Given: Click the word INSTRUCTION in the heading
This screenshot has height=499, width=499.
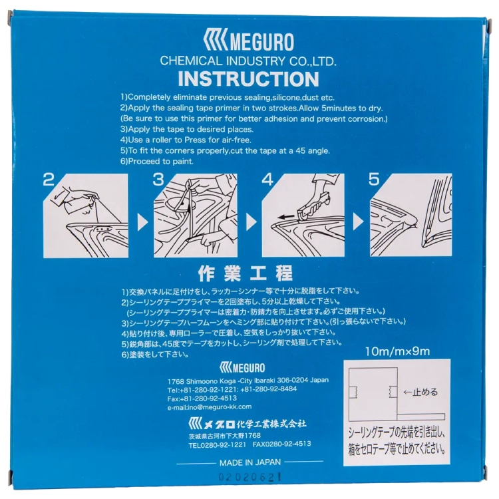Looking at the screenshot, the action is coord(248,79).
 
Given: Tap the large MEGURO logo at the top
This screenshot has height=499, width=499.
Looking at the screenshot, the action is coord(248,40).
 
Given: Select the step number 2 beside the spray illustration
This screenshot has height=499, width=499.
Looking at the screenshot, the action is coord(49,180).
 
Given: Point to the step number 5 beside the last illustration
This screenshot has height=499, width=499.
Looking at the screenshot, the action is coord(374,180).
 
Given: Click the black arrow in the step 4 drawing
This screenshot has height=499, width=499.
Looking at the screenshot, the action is coord(286,218).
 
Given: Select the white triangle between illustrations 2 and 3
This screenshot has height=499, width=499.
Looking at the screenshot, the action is coord(142,222).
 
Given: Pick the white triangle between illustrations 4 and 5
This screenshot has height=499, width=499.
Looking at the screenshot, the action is coord(358,222).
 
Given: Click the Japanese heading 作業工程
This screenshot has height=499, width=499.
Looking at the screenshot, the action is coord(245,274).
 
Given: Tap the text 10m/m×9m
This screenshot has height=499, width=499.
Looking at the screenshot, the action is coord(397,352).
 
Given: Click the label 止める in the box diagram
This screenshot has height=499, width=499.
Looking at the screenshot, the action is coord(425,392).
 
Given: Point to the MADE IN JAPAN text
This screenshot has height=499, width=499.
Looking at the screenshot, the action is coord(250,462).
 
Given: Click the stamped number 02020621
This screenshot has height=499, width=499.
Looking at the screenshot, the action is coord(249,477).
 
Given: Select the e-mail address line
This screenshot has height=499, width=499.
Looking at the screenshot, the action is coord(210,407).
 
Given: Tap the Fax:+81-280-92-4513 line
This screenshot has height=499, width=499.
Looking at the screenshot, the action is coord(202,399).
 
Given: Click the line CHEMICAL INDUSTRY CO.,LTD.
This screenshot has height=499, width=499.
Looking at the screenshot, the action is coord(248,61).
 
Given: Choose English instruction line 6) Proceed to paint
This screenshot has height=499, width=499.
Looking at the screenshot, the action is coord(157,162).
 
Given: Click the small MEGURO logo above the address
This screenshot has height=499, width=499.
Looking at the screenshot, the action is coord(242,368).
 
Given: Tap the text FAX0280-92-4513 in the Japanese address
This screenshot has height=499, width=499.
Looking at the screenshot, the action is coord(281,444).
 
